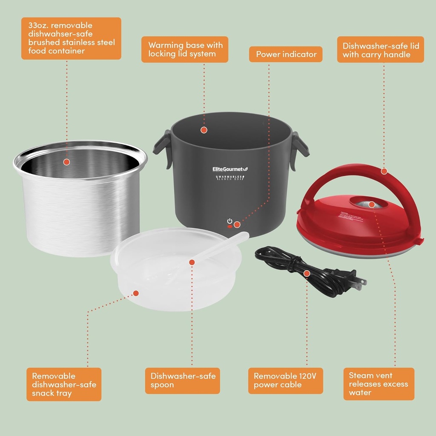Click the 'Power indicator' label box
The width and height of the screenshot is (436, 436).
tap(286, 54)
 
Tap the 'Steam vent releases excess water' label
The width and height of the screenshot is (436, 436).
tap(379, 384)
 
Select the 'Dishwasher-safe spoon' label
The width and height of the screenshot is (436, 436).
tap(183, 380)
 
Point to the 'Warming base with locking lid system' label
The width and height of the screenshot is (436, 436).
tap(185, 49)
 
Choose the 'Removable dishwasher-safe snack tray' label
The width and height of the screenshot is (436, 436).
tap(64, 384)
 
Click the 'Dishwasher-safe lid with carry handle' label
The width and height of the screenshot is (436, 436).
tap(380, 50)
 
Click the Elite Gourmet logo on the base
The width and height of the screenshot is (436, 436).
tap(229, 169)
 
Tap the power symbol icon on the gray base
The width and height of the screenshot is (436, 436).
tap(230, 221)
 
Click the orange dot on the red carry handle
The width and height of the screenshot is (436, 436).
tap(384, 171)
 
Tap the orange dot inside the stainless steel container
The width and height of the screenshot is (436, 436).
tap(66, 162)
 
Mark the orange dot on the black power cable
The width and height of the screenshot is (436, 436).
tap(307, 273)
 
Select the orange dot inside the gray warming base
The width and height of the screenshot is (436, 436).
tap(204, 129)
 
